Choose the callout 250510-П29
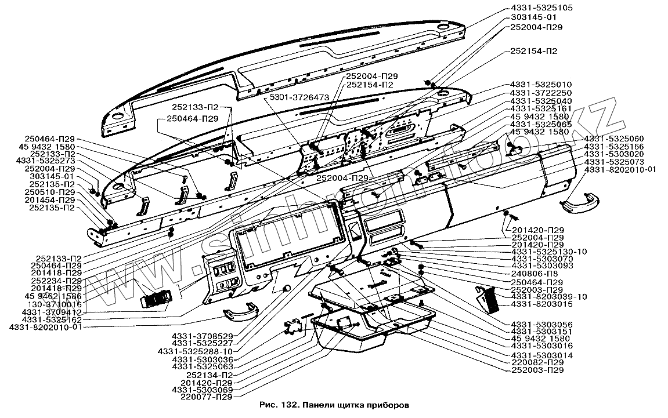tap(53, 192)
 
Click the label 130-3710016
tap(50, 304)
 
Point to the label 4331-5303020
tap(614, 154)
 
